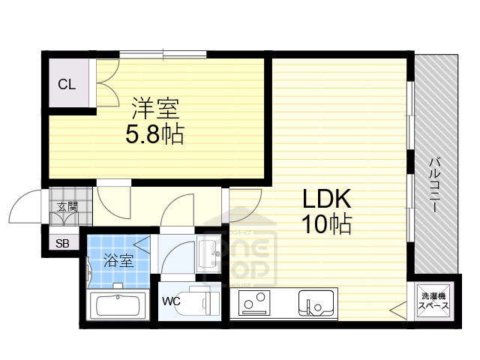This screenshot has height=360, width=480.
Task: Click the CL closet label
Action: pyautogui.click(x=67, y=84)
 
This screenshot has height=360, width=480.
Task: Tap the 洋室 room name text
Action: pyautogui.click(x=155, y=109)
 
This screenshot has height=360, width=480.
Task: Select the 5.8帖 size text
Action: pyautogui.click(x=154, y=136)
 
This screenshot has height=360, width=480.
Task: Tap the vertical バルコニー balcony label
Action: pyautogui.click(x=434, y=184)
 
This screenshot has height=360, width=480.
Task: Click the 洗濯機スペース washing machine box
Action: pyautogui.click(x=433, y=301)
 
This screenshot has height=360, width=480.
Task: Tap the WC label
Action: pyautogui.click(x=172, y=302)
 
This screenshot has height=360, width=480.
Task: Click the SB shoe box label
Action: pyautogui.click(x=61, y=243)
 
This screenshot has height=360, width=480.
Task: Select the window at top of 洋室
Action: pyautogui.click(x=164, y=54)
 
